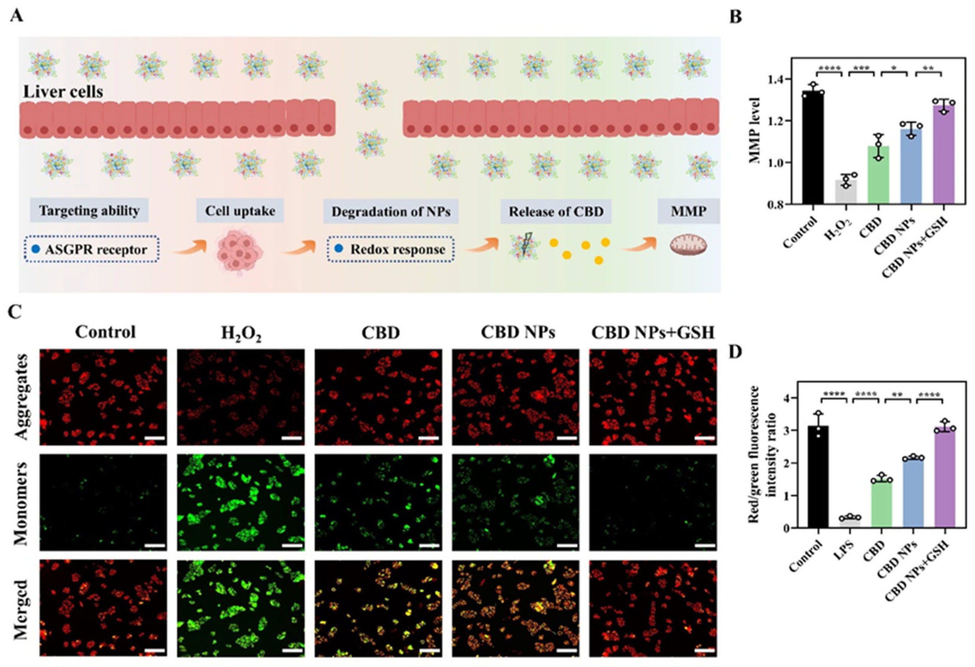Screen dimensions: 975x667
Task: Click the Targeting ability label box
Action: coord(89,210)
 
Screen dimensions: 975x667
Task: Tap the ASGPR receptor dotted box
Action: coord(91,250)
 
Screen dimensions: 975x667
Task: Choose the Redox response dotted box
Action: coord(391,250)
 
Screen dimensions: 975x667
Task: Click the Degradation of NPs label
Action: coord(391,211)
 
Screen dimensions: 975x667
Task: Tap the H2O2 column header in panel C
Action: coord(241,333)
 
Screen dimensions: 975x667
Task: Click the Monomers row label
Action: coord(21,503)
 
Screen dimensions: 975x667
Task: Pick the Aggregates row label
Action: coord(21,397)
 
